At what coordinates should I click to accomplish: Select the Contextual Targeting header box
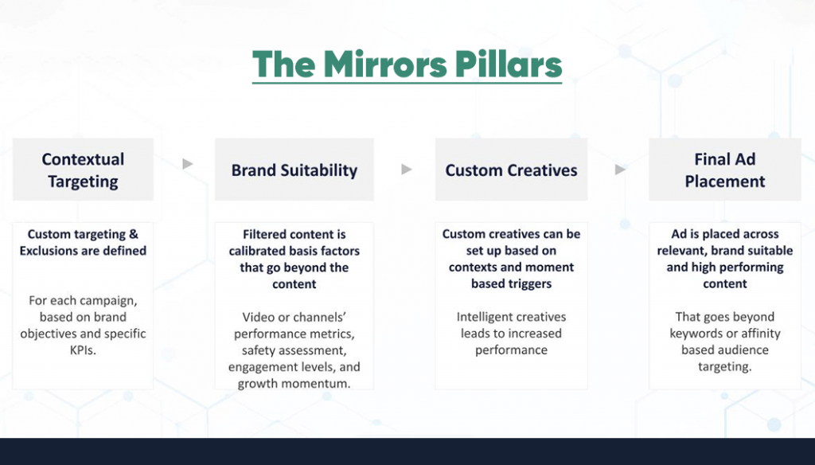(83, 170)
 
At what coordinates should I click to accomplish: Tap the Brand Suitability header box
(294, 170)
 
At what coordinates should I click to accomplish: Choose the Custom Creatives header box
(511, 170)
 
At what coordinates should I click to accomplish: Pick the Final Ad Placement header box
(724, 170)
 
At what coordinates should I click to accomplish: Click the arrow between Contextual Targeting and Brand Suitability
(188, 165)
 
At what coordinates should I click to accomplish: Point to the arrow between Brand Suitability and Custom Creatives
(407, 169)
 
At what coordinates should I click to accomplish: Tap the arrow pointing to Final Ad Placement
(621, 169)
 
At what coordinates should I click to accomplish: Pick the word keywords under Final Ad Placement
(696, 333)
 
